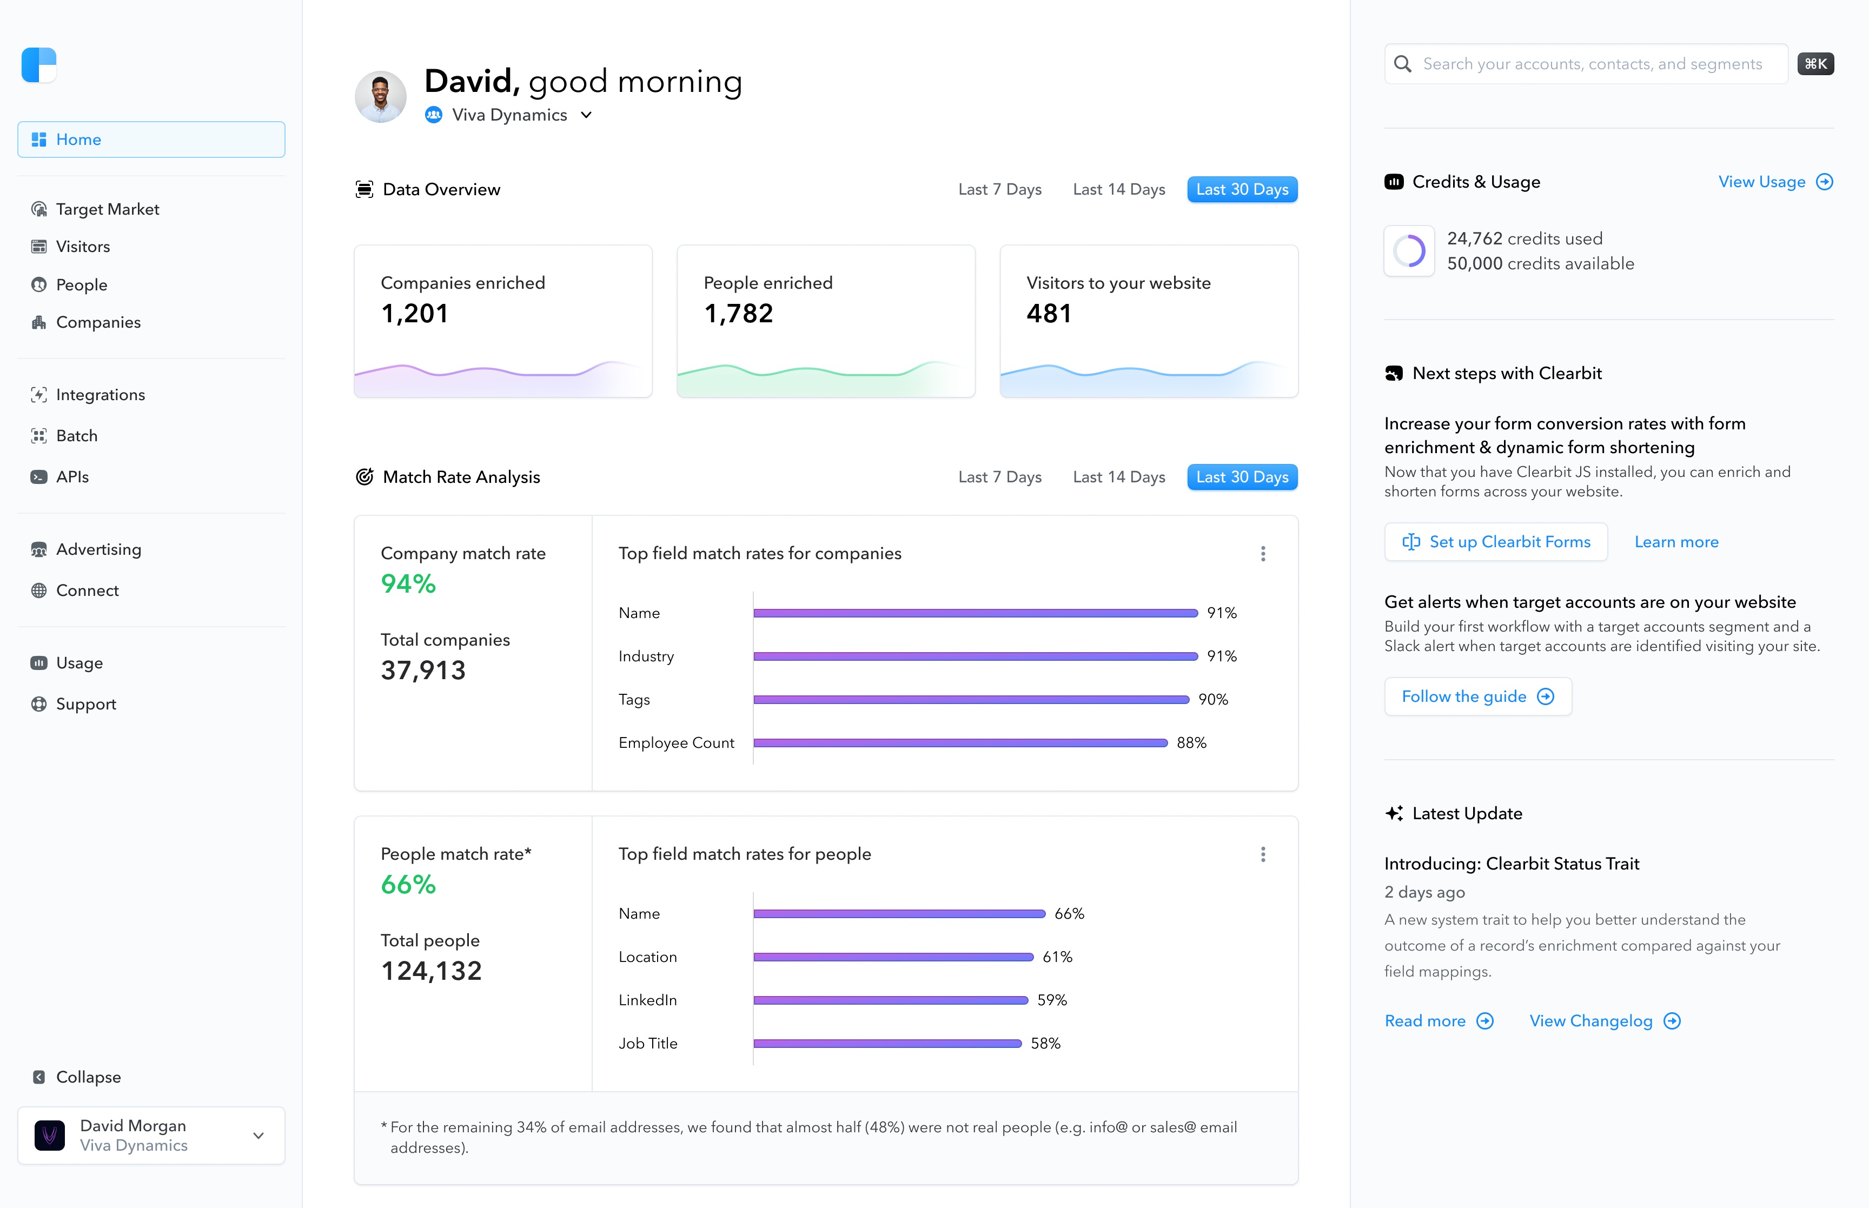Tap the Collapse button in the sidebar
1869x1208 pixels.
point(87,1077)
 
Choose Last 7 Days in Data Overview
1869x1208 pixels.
point(999,190)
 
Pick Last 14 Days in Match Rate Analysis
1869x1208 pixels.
point(1118,477)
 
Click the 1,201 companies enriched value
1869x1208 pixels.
point(414,314)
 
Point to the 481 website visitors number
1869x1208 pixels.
point(1049,314)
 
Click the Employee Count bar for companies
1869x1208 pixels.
point(960,743)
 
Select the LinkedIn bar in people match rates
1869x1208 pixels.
point(890,1000)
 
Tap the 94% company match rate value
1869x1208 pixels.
point(408,585)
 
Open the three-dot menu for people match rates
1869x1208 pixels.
point(1263,855)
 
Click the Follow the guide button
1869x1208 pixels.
point(1477,696)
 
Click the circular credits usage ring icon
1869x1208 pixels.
point(1409,251)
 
